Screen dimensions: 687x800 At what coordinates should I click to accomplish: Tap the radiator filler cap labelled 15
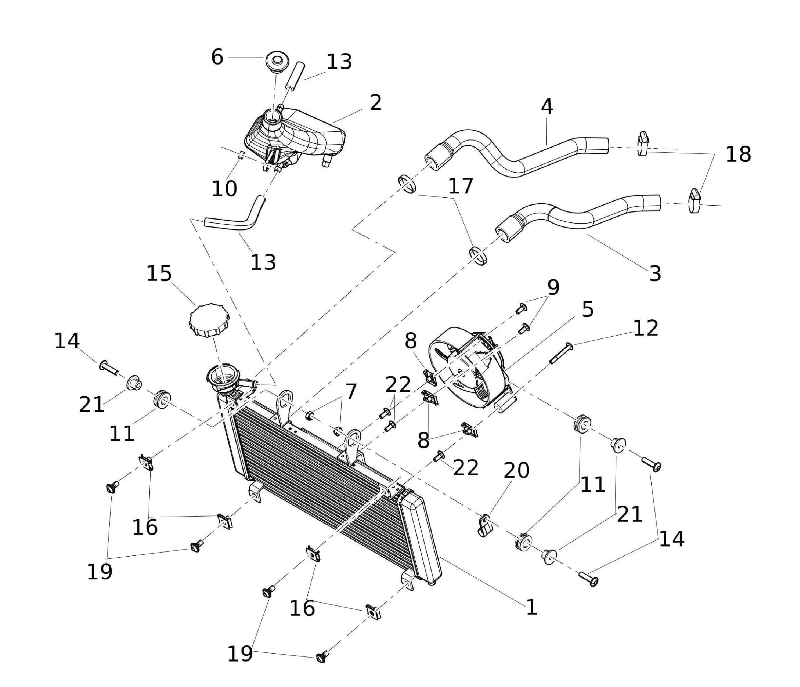pos(209,320)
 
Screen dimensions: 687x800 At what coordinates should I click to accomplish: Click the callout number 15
pos(159,274)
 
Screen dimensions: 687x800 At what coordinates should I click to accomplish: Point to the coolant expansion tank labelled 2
pos(297,133)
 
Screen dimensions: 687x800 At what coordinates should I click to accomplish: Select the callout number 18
pos(738,154)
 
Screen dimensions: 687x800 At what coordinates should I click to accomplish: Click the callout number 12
pos(645,328)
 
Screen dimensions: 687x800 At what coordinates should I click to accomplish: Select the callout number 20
pos(516,470)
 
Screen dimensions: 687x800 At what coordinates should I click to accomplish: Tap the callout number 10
pos(224,189)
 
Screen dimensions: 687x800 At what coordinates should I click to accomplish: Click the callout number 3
pos(655,274)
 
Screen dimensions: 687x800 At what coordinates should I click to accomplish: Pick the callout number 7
pos(350,392)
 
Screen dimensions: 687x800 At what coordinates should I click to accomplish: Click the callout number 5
pos(587,309)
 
